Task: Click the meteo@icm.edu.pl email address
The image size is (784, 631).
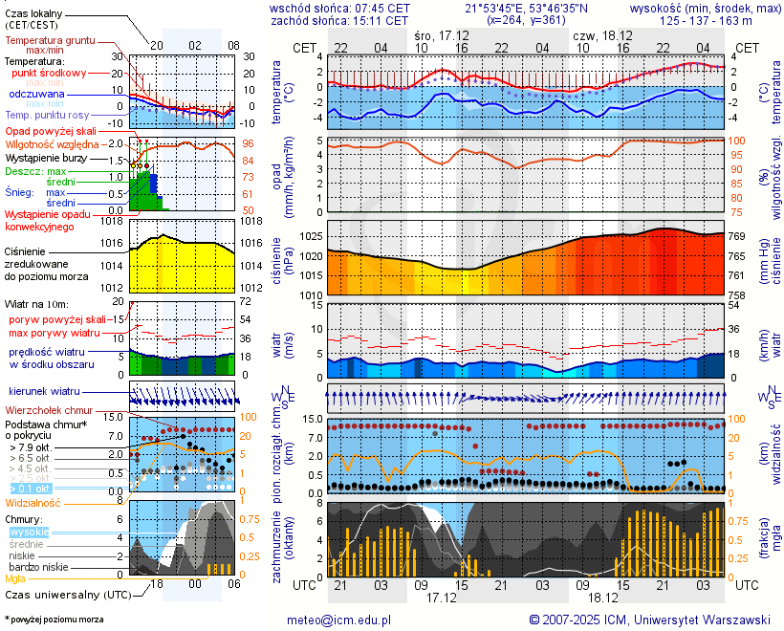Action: point(339,620)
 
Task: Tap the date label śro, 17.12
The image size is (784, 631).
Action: point(442,35)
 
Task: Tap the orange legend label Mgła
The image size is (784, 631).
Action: point(15,578)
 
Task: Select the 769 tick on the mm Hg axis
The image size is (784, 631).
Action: point(739,236)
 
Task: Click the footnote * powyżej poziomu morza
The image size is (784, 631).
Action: point(54,620)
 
